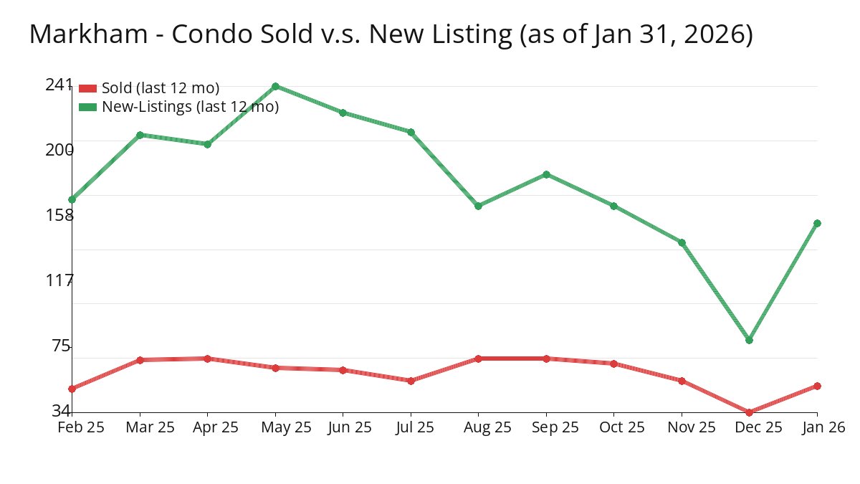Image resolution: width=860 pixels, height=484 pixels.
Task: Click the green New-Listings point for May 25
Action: click(x=275, y=87)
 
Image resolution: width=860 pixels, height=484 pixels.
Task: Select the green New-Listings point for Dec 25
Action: click(x=749, y=340)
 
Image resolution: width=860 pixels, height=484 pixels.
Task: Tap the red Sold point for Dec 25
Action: click(x=749, y=412)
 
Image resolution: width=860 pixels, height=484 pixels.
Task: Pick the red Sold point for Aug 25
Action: click(x=478, y=359)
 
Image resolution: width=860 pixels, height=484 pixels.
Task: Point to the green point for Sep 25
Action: click(x=546, y=174)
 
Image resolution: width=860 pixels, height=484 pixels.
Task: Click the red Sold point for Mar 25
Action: click(x=140, y=360)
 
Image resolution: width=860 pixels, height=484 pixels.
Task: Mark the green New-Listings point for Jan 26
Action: click(x=817, y=223)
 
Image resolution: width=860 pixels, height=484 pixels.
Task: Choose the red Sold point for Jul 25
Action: click(x=411, y=381)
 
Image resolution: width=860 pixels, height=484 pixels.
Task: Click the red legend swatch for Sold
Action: click(x=87, y=88)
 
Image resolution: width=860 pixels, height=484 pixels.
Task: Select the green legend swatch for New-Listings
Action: click(x=87, y=107)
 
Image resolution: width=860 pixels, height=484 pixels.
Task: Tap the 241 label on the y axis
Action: click(x=59, y=85)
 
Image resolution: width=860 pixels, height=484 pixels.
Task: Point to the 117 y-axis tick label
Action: click(x=59, y=280)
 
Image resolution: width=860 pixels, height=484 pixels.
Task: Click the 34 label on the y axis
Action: click(x=61, y=411)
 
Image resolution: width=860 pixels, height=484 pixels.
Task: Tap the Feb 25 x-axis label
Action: click(x=81, y=427)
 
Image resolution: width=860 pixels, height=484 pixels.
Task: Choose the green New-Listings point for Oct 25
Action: click(x=613, y=206)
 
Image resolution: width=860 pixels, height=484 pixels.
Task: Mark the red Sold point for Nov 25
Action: click(x=682, y=381)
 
